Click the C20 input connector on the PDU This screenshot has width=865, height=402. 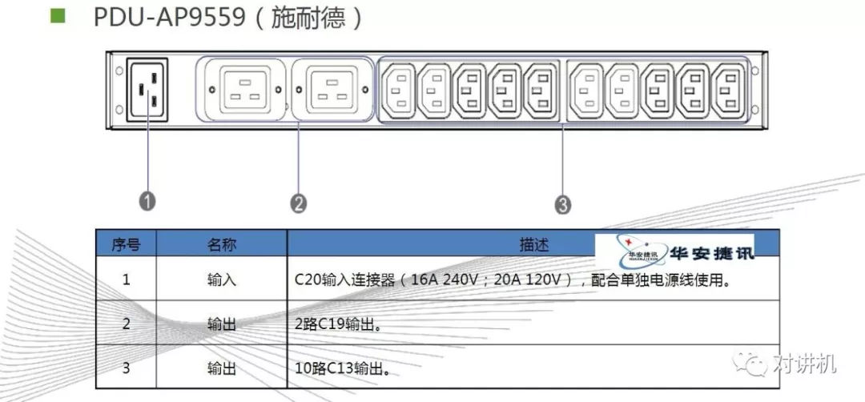point(148,90)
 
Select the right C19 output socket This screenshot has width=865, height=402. point(332,90)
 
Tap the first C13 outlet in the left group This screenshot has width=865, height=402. point(400,90)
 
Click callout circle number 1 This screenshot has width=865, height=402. point(147,201)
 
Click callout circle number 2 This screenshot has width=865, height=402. point(298,203)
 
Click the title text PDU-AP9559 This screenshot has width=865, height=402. point(169,17)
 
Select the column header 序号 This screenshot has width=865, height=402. point(126,244)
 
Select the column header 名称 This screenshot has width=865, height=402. point(222,244)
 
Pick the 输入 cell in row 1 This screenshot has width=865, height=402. point(222,280)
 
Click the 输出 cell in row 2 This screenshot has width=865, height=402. point(222,324)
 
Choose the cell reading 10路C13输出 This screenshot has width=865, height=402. point(342,369)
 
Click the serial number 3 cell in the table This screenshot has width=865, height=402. point(126,368)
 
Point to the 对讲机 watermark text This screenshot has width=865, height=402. point(806,364)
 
